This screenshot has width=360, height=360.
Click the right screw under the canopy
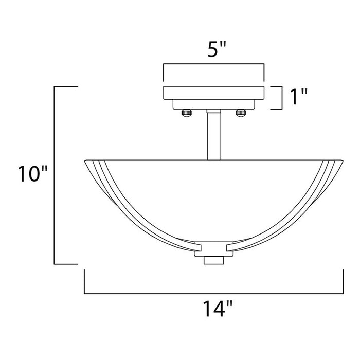[239, 112]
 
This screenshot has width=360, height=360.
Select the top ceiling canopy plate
[213, 93]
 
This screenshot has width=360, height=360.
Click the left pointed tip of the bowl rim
[84, 161]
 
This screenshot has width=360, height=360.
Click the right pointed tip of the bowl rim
[343, 161]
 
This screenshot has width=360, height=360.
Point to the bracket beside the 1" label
[281, 98]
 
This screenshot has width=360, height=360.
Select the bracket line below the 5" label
[213, 64]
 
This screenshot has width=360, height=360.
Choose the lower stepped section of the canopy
[213, 104]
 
